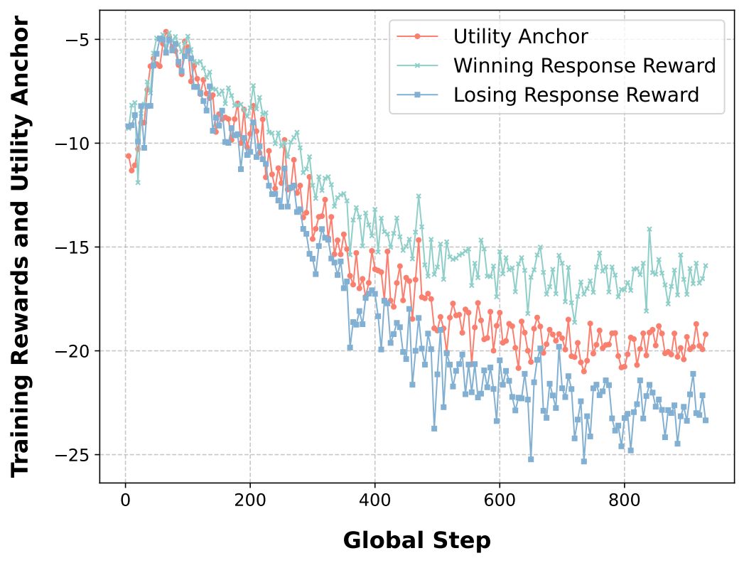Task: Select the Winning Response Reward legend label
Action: [583, 65]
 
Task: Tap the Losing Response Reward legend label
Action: [576, 95]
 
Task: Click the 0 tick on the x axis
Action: [125, 500]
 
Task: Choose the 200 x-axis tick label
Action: [249, 500]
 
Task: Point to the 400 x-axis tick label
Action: [374, 500]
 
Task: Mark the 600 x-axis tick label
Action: [499, 500]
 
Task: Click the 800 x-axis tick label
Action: [624, 500]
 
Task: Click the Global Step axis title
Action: [416, 541]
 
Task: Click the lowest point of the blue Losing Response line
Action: [583, 461]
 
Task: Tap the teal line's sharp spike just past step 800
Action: [649, 229]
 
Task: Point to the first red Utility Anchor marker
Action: [128, 156]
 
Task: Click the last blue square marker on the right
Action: [706, 420]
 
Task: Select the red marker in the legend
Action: [417, 36]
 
